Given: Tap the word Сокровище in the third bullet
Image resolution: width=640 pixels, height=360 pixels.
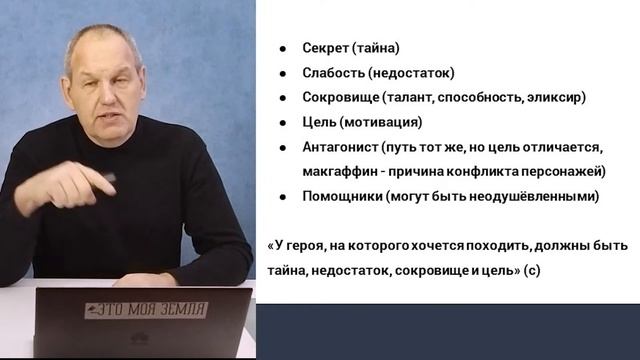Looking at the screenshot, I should pos(339,98).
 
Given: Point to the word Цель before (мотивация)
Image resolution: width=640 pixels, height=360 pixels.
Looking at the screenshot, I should pos(318,123).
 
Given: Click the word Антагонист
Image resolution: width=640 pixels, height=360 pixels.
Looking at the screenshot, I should pos(339,147).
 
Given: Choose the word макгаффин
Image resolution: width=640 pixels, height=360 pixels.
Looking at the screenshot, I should pos(338,171).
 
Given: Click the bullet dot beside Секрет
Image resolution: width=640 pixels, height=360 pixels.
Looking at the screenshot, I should pos(284,48).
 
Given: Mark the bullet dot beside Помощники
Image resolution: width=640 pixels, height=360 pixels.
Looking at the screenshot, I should pos(284,197).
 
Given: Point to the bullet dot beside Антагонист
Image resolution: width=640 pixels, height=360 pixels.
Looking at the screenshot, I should pos(284,148).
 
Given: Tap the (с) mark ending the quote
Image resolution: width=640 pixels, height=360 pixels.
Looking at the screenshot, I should pos(530,270).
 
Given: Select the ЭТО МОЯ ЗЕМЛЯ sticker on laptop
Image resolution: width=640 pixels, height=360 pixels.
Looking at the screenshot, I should pos(145,309).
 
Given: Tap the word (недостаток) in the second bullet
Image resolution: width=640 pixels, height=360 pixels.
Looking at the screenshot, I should pos(413,72).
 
